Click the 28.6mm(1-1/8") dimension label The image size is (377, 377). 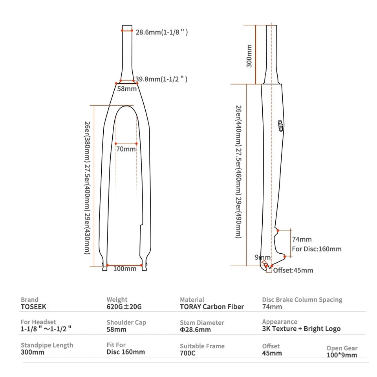pos(161,32)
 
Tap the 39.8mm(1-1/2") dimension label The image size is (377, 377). pos(161,79)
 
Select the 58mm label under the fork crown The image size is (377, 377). pos(127,89)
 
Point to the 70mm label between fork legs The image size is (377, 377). pos(126,149)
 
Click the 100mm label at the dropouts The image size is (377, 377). pos(124,269)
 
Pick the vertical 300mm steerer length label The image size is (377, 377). pos(249,56)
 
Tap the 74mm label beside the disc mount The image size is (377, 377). pos(302,239)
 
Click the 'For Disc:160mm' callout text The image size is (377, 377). pos(317,249)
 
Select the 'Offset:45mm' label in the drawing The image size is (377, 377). pos(293,270)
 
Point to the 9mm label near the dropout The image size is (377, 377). pos(262,257)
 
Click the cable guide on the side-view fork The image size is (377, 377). pos(280,126)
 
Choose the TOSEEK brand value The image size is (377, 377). pos(33,307)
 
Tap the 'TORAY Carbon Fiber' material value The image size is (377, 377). pos(212,307)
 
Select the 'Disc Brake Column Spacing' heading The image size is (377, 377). pos(302,300)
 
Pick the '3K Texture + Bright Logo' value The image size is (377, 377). pos(301,329)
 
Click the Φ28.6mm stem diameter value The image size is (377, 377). pos(195,329)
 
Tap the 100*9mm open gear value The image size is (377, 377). pos(342,355)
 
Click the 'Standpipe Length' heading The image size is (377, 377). pos(47,345)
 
